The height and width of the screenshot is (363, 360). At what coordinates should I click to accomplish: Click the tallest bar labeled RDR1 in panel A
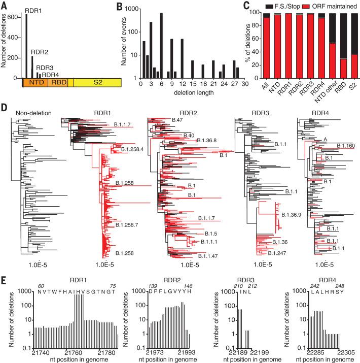(x=26, y=46)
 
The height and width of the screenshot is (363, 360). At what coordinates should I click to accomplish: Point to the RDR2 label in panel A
(x=40, y=52)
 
